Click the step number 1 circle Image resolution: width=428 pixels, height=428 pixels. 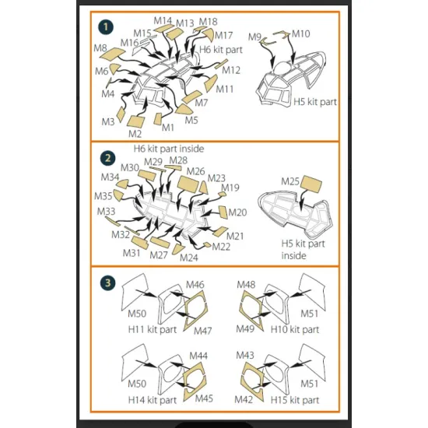click(105, 26)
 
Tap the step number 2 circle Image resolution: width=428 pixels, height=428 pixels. click(107, 158)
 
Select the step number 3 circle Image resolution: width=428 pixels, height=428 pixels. click(108, 282)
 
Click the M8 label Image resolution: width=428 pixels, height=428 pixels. click(100, 48)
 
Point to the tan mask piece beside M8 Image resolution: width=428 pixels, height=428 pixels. click(113, 54)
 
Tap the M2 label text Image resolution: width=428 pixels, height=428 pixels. click(135, 134)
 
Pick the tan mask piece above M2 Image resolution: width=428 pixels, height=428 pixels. click(135, 121)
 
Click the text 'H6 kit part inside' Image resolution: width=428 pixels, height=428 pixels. click(169, 149)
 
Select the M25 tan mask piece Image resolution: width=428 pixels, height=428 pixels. click(311, 184)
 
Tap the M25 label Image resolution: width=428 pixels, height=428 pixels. click(290, 181)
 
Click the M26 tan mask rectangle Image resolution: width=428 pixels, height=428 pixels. click(188, 184)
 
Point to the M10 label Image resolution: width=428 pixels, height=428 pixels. click(301, 33)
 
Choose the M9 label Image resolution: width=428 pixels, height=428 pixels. click(254, 37)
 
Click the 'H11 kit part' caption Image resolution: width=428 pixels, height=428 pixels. click(153, 329)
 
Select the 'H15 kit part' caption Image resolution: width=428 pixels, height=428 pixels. click(295, 400)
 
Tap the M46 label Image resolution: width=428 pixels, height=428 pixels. click(195, 285)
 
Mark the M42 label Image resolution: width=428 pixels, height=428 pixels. click(244, 400)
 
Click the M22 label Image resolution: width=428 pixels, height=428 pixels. click(221, 247)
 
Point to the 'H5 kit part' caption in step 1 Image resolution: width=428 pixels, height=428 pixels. click(315, 102)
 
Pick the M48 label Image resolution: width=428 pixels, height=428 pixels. click(246, 285)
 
